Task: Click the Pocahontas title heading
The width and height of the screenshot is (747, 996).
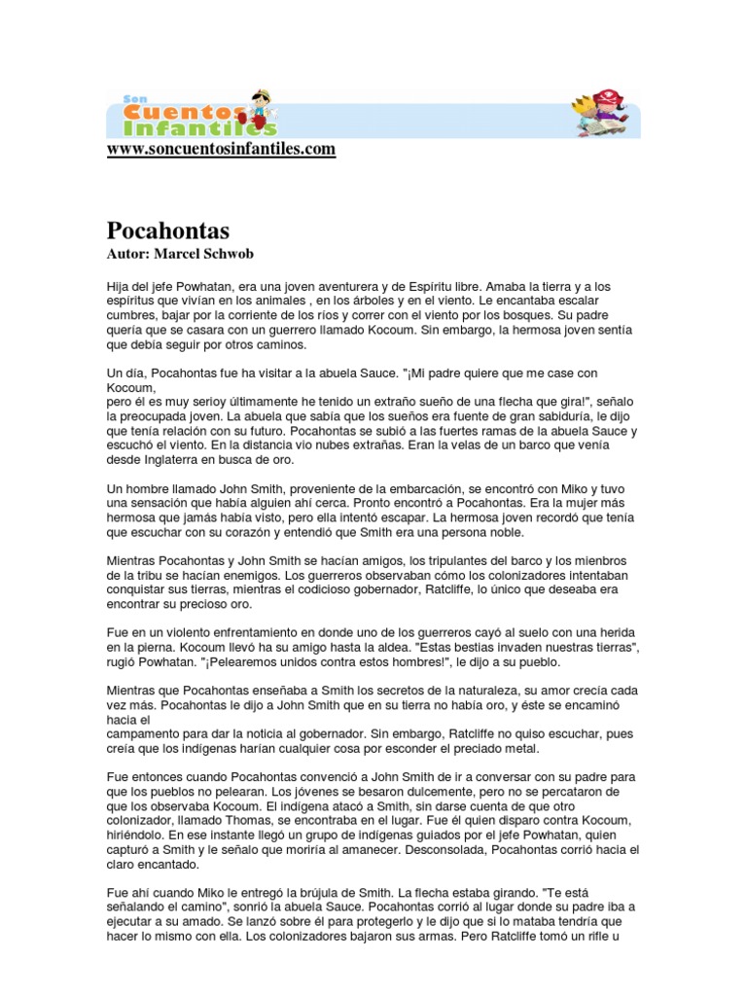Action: (167, 231)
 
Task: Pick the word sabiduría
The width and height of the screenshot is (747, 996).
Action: (523, 416)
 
